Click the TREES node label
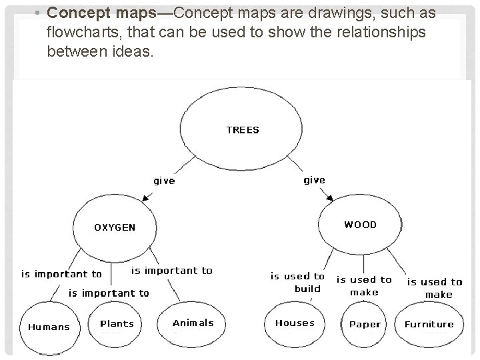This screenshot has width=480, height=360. (x=242, y=130)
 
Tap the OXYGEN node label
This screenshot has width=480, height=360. (x=114, y=227)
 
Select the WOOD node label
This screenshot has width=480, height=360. (x=360, y=225)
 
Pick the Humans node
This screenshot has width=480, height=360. (x=49, y=327)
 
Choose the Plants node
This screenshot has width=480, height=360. (x=117, y=324)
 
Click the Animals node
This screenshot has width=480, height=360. (x=193, y=323)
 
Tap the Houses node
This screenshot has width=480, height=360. (x=295, y=323)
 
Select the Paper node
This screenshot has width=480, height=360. (x=365, y=325)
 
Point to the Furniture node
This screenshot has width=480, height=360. (x=429, y=325)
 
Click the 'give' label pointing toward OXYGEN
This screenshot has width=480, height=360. (x=164, y=181)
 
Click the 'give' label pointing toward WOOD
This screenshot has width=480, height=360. (x=314, y=180)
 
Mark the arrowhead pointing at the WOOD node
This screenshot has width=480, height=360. (x=329, y=197)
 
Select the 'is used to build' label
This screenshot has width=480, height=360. (x=297, y=282)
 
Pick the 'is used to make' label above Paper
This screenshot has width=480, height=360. (x=363, y=285)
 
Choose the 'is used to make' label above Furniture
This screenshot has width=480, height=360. (x=435, y=288)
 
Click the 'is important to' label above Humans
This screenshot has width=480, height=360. (x=61, y=274)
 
